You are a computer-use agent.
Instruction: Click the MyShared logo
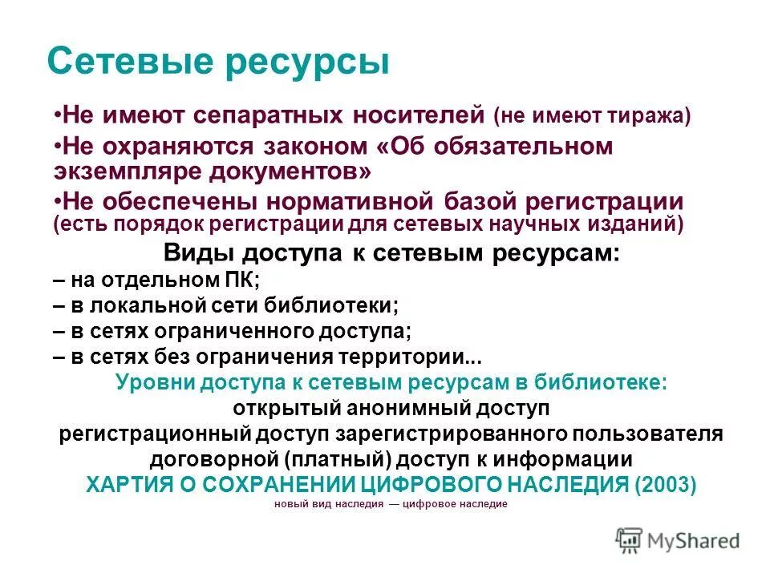678,539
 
